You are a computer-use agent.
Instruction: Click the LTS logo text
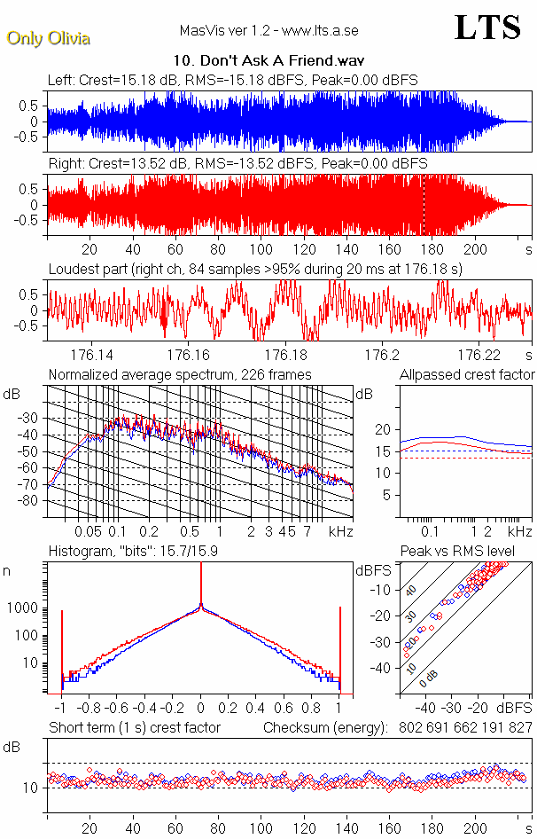pos(486,27)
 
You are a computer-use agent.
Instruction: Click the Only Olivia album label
pos(48,38)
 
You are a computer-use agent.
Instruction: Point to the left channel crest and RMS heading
pos(233,80)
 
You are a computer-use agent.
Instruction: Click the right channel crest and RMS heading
pos(237,164)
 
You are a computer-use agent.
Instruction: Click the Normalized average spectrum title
pos(180,375)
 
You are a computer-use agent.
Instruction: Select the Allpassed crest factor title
pos(467,375)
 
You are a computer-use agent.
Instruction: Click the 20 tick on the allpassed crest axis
pos(384,429)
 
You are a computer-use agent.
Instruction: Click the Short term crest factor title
pos(135,727)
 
